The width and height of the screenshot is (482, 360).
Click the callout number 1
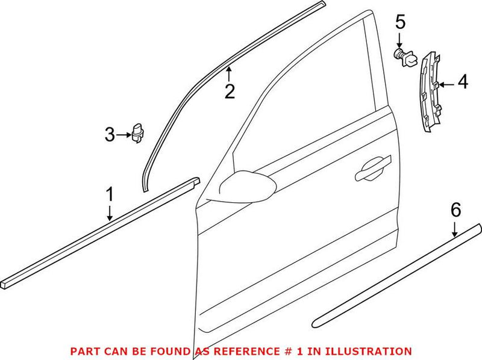click(x=110, y=194)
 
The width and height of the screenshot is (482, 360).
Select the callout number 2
click(x=230, y=92)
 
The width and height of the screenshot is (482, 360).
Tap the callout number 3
click(x=110, y=135)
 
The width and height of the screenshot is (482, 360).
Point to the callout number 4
click(x=462, y=82)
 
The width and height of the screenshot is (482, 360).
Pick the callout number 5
click(x=401, y=23)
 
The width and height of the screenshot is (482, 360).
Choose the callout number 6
click(x=455, y=209)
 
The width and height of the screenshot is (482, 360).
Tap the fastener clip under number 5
click(x=402, y=57)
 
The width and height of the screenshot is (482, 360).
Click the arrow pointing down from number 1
click(x=110, y=213)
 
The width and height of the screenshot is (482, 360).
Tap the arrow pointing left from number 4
click(x=446, y=84)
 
